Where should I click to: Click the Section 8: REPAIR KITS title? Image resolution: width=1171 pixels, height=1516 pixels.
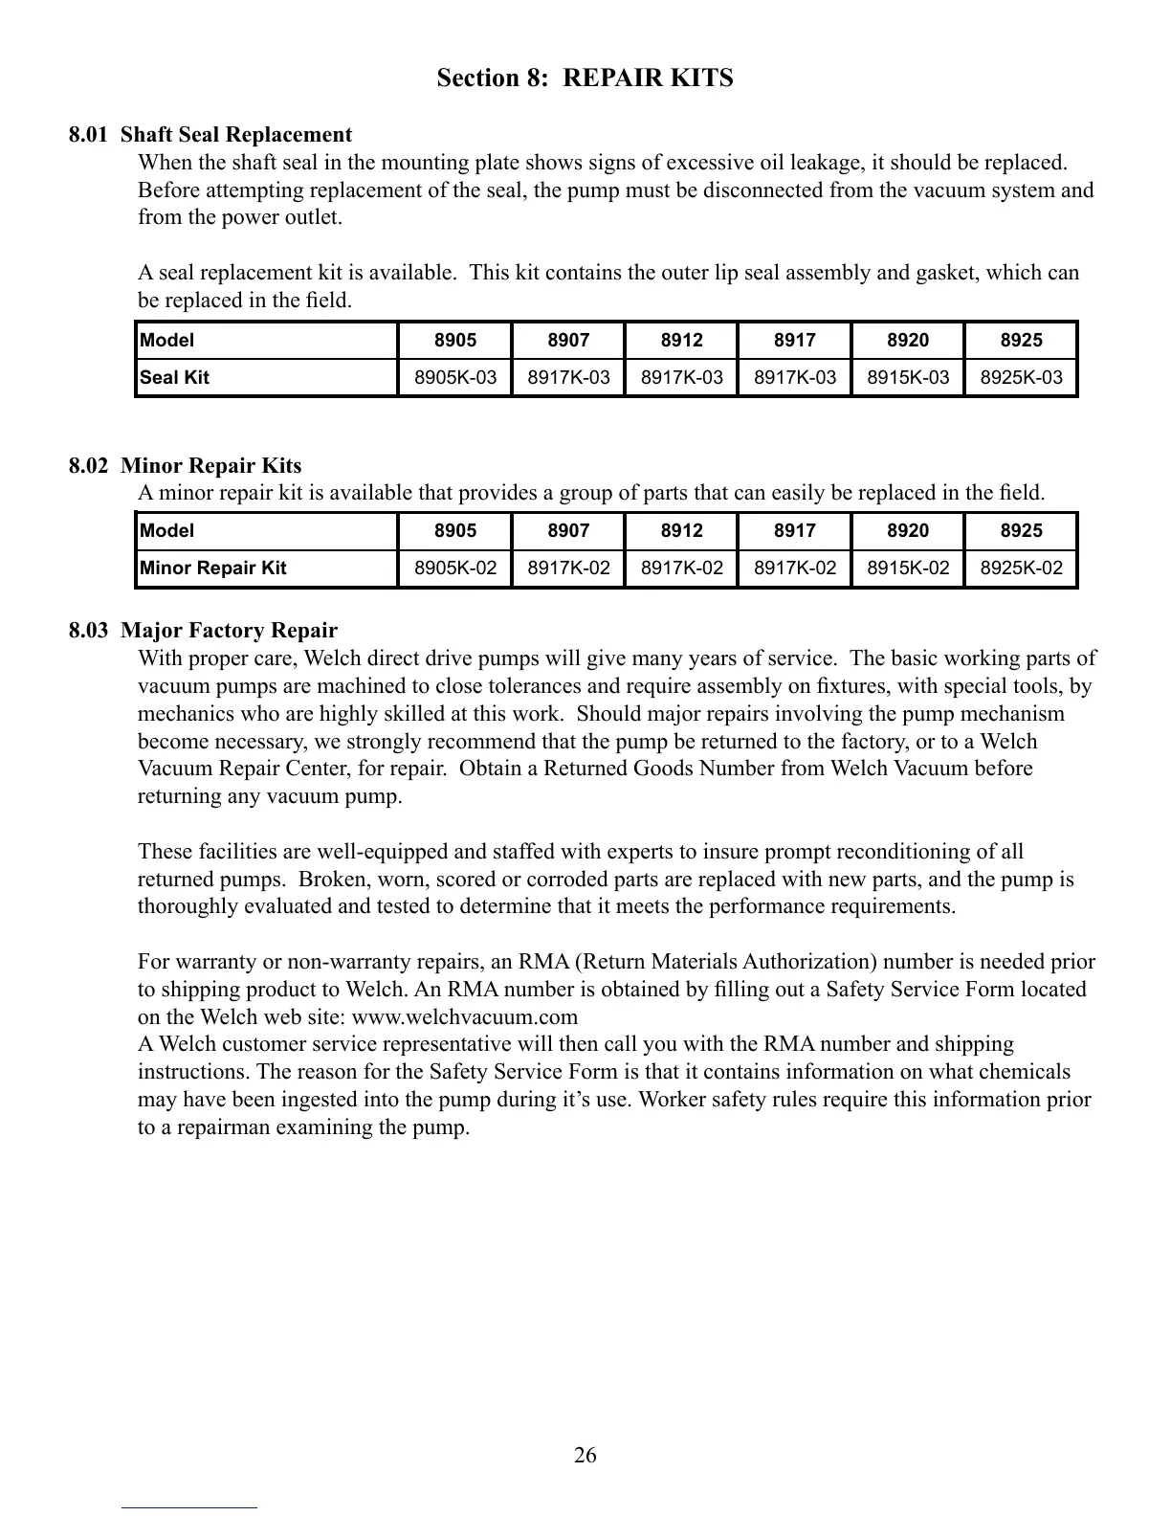point(585,78)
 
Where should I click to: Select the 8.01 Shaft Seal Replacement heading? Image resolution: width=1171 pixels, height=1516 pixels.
point(210,135)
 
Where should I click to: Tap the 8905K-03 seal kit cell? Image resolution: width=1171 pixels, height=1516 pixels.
point(455,377)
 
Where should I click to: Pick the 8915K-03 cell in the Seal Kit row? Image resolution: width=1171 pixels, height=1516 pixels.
point(908,377)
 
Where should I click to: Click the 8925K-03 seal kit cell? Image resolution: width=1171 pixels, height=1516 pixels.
point(1022,377)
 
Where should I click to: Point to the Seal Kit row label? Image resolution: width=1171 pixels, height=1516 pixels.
point(175,377)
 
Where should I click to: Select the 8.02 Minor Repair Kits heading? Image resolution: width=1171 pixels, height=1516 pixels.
point(185,466)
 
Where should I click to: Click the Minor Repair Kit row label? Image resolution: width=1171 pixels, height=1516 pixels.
point(213,568)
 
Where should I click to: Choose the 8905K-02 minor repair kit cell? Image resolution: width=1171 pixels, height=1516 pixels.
point(455,568)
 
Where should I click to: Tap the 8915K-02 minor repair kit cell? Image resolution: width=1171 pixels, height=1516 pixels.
point(908,568)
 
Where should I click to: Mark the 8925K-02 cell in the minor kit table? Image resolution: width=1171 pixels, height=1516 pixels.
point(1022,568)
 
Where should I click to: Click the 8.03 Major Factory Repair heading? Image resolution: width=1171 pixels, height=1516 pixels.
point(203,631)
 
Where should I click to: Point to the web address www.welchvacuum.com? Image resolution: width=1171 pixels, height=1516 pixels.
point(465,1016)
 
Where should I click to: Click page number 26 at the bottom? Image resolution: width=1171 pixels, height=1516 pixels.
point(585,1456)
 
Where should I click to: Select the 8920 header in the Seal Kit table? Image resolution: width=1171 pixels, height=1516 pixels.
point(908,340)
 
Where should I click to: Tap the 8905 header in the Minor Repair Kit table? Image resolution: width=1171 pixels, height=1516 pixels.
point(455,530)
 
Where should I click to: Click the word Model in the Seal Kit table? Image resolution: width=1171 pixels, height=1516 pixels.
point(167,340)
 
